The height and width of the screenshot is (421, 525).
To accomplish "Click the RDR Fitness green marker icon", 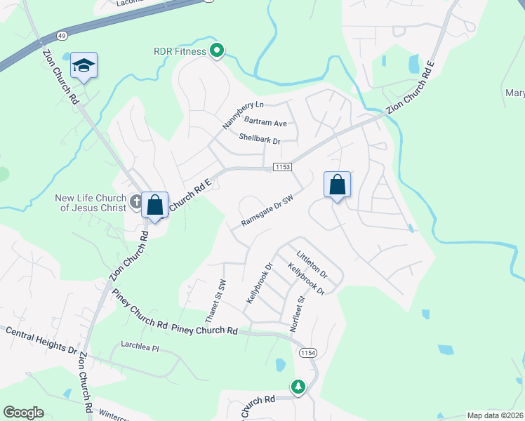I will (217, 51).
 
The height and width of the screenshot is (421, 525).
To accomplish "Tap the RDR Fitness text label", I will (180, 51).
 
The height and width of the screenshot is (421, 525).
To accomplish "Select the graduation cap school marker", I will (84, 66).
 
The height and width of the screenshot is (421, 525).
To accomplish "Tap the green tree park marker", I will (298, 386).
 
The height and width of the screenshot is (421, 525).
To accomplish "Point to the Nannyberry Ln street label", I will (243, 112).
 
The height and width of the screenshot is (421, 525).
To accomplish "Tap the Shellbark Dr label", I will (259, 139).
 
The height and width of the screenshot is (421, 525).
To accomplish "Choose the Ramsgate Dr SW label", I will (267, 211).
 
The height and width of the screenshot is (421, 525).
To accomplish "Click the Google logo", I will (23, 413).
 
